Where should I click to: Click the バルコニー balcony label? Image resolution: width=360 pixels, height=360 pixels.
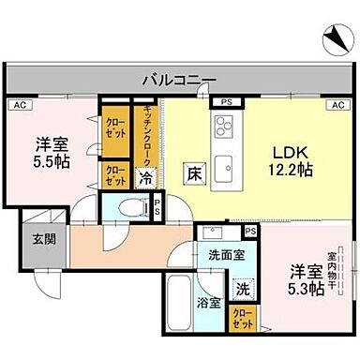point(180,80)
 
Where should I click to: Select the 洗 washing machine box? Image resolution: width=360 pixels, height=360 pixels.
point(242,290)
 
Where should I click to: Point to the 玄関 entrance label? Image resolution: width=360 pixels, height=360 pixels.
point(42,239)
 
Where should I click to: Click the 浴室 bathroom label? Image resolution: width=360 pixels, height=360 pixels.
point(209,303)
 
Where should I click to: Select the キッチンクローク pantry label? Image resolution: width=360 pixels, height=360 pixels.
point(147,132)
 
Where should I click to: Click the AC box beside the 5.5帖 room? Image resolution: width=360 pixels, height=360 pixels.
point(18,106)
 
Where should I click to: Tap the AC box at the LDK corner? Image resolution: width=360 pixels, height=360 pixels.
point(335,105)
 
